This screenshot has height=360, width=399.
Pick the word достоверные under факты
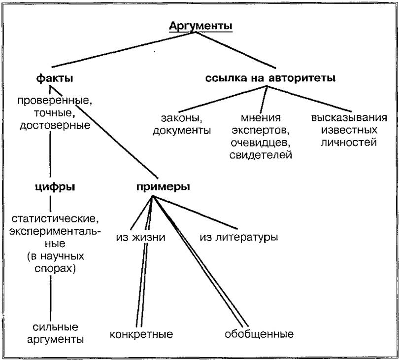(x=55, y=125)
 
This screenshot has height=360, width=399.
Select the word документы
(x=182, y=131)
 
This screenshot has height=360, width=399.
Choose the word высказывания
(x=349, y=119)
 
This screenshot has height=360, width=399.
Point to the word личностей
(x=349, y=143)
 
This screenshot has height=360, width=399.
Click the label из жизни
(x=141, y=237)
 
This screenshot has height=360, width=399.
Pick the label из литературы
(x=239, y=237)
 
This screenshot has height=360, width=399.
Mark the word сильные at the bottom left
(x=52, y=327)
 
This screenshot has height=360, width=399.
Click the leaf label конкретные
(x=141, y=335)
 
